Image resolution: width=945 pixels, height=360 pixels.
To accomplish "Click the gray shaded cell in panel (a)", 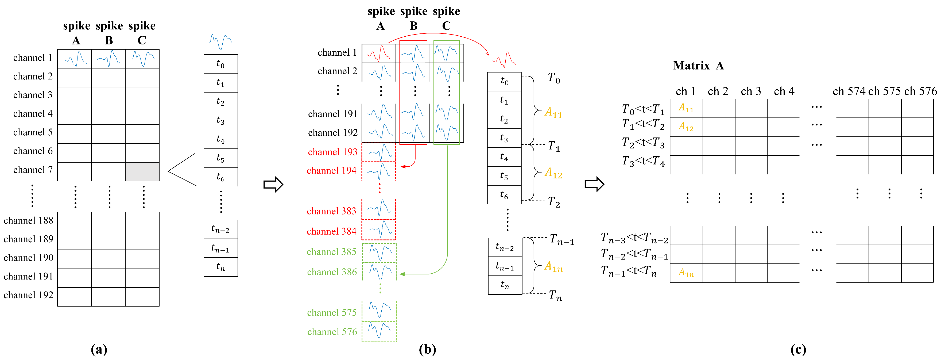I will [142, 171].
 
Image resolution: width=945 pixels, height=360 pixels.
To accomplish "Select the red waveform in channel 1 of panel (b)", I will [379, 53].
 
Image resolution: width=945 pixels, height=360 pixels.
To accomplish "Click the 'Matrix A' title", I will [698, 66].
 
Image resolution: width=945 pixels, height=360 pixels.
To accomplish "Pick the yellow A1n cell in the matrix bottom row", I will [686, 273].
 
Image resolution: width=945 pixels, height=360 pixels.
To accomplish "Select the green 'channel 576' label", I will [332, 332].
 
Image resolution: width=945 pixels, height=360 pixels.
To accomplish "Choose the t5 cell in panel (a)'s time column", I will [220, 158].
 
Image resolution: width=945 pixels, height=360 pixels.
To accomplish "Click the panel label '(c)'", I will [798, 349].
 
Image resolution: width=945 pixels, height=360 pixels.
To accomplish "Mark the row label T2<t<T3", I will [643, 143].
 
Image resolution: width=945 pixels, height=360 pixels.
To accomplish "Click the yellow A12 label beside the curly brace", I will [553, 173].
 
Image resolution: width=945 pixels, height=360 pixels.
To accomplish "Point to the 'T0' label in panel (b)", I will [553, 78].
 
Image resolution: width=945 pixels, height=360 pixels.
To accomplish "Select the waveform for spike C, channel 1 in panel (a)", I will [142, 59].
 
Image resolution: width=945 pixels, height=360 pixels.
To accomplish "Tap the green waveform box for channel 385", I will [379, 252].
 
